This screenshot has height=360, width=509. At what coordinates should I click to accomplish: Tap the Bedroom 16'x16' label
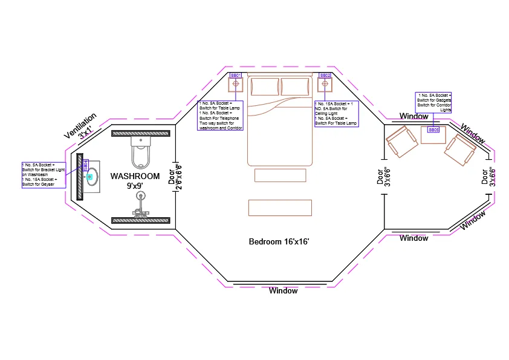[x=279, y=242]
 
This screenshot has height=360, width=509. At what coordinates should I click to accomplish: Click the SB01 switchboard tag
[x=236, y=75]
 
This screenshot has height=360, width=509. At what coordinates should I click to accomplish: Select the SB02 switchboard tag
[x=325, y=75]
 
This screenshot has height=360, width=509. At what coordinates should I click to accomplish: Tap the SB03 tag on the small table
[x=433, y=129]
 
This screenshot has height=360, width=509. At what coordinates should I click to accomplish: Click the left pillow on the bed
[x=265, y=87]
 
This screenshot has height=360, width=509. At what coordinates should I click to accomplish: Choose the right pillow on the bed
[x=294, y=87]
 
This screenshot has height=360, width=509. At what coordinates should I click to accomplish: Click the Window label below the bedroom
[x=283, y=291]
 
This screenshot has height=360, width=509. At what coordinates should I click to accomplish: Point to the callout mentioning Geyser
[x=44, y=175]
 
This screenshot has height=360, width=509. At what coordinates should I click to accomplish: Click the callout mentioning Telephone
[x=221, y=116]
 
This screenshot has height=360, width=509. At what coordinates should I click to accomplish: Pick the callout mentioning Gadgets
[x=433, y=102]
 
